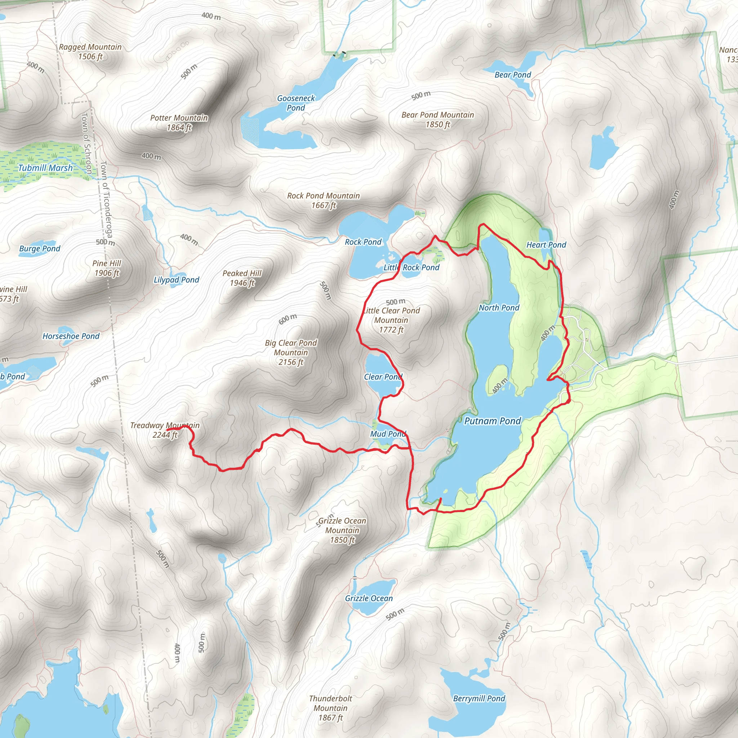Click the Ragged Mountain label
(90, 52)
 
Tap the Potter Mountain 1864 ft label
(179, 123)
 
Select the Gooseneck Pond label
(296, 103)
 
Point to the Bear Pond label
(513, 75)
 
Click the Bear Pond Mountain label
(438, 120)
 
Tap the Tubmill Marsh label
(45, 168)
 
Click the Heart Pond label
(546, 245)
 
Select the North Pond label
(499, 308)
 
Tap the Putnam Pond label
(492, 421)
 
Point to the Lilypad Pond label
(177, 280)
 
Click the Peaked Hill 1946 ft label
(242, 278)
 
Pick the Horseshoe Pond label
(71, 336)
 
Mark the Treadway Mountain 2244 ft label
(165, 430)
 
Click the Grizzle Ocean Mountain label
(342, 530)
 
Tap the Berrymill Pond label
(479, 698)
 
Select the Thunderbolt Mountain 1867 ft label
(331, 708)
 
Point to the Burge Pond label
(40, 249)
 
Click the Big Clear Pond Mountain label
(291, 352)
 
